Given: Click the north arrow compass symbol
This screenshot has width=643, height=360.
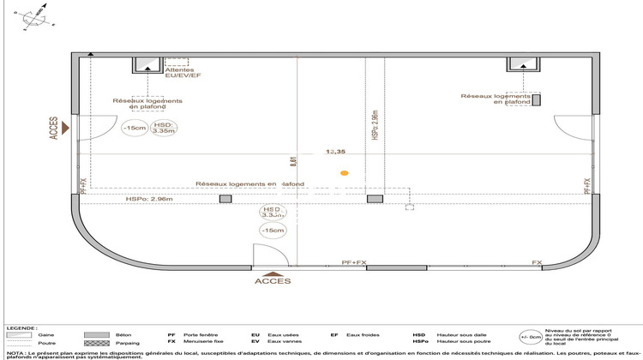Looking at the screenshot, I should pyautogui.click(x=34, y=15).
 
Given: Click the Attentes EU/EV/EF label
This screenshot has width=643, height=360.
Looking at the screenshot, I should pyautogui.click(x=183, y=74).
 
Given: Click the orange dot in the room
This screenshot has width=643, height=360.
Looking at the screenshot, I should pyautogui.click(x=344, y=173).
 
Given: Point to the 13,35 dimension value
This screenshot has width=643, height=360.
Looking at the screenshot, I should pyautogui.click(x=336, y=151).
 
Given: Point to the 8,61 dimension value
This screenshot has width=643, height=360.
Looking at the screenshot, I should pyautogui.click(x=293, y=159).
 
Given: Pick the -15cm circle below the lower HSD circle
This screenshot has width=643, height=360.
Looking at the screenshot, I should pyautogui.click(x=272, y=231).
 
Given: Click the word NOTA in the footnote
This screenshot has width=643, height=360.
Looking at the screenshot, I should pyautogui.click(x=14, y=352).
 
